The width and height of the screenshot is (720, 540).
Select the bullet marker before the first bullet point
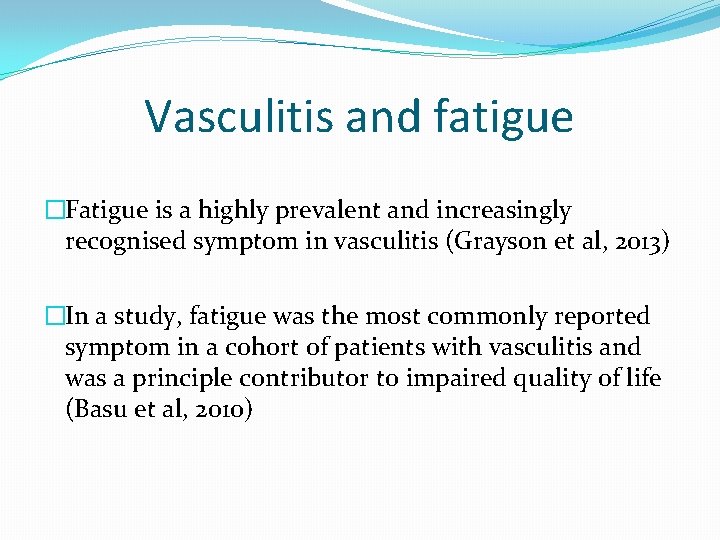click(x=56, y=211)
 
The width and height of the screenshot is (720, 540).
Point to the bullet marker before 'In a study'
click(x=56, y=317)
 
